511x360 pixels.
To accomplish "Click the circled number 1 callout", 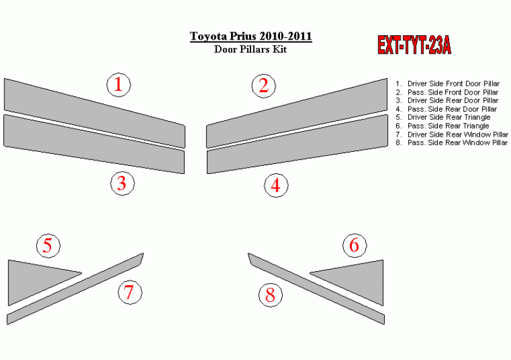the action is tap(119, 84).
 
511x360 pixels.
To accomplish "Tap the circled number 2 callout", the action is tap(264, 86).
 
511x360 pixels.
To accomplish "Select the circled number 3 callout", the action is tap(122, 183).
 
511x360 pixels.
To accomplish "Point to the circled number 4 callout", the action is tap(276, 186).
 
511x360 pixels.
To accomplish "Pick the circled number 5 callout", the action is tap(48, 246).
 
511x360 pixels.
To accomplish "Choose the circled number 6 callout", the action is tap(355, 245).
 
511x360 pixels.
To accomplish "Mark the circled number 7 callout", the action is tap(130, 293).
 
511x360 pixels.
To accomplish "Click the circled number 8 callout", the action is tap(271, 295).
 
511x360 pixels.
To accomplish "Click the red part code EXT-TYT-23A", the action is tap(414, 45).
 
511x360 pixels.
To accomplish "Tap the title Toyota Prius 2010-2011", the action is tap(251, 36).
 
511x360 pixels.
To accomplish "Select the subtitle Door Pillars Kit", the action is tap(250, 49).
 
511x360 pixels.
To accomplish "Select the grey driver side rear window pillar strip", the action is tap(75, 288).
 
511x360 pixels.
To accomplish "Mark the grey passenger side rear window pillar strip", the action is tap(316, 288).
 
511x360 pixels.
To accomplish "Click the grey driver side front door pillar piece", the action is tap(95, 113).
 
